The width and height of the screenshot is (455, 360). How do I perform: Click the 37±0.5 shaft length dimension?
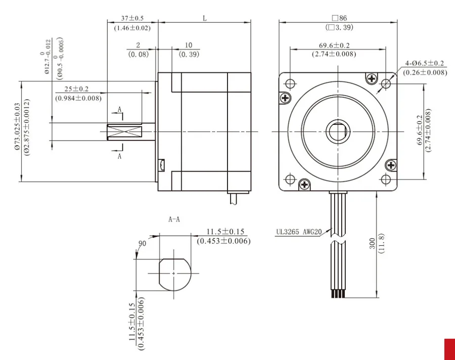click(x=132, y=18)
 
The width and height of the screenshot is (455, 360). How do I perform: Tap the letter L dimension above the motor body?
click(x=205, y=18)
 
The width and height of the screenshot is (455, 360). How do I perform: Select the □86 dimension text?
click(x=339, y=18)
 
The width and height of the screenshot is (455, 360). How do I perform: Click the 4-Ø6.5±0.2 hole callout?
click(x=425, y=63)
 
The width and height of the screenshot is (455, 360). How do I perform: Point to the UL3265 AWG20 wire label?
click(x=299, y=232)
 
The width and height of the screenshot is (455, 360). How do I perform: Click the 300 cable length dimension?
click(x=373, y=243)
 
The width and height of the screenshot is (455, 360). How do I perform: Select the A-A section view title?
click(x=174, y=219)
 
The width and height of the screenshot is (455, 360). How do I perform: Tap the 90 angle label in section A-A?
click(x=142, y=243)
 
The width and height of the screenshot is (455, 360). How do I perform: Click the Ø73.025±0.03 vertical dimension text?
click(x=17, y=126)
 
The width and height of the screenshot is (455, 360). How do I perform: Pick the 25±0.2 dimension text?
click(x=76, y=89)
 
